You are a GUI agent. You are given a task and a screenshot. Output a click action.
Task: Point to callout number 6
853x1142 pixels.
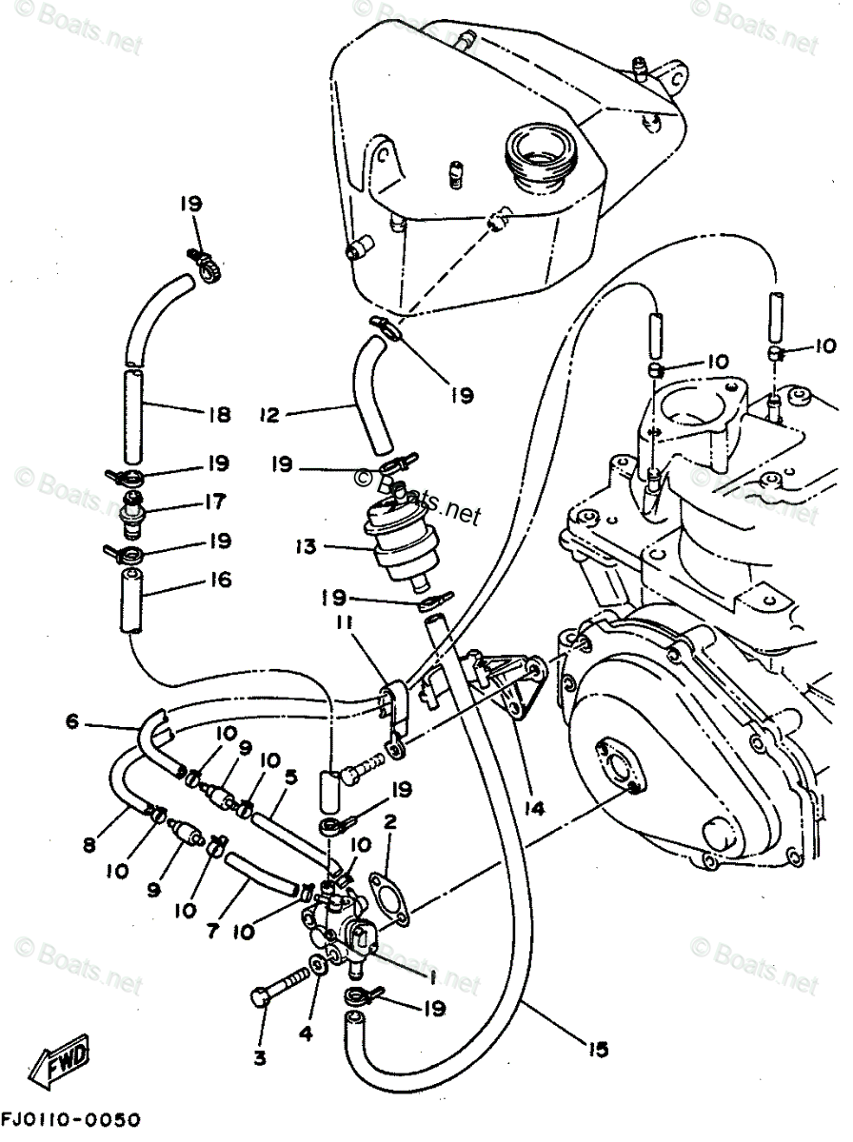click(x=71, y=722)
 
